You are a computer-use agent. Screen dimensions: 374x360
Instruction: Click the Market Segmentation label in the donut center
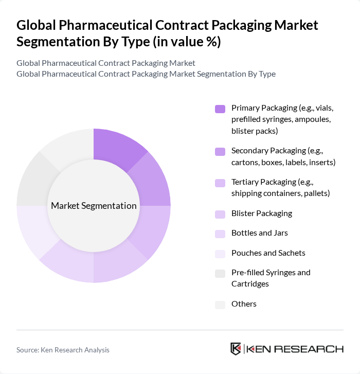pyautogui.click(x=94, y=206)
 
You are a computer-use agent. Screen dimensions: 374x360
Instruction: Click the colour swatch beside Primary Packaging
pyautogui.click(x=220, y=109)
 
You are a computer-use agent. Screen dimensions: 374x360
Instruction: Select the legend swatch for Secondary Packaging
pyautogui.click(x=220, y=151)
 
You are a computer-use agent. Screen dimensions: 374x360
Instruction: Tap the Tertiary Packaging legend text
pyautogui.click(x=280, y=188)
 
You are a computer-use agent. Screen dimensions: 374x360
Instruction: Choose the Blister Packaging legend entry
pyautogui.click(x=261, y=213)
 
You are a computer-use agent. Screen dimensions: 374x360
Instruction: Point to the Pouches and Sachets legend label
pyautogui.click(x=268, y=253)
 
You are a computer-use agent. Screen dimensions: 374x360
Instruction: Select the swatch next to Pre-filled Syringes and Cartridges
pyautogui.click(x=220, y=274)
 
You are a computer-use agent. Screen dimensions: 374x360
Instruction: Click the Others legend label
pyautogui.click(x=244, y=304)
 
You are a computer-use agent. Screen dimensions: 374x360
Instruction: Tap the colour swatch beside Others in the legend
pyautogui.click(x=220, y=305)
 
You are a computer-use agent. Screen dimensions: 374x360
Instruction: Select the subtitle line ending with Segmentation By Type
pyautogui.click(x=146, y=74)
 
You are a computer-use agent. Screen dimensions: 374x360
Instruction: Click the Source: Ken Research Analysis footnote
pyautogui.click(x=63, y=350)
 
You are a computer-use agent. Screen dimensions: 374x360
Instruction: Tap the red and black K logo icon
pyautogui.click(x=236, y=349)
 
